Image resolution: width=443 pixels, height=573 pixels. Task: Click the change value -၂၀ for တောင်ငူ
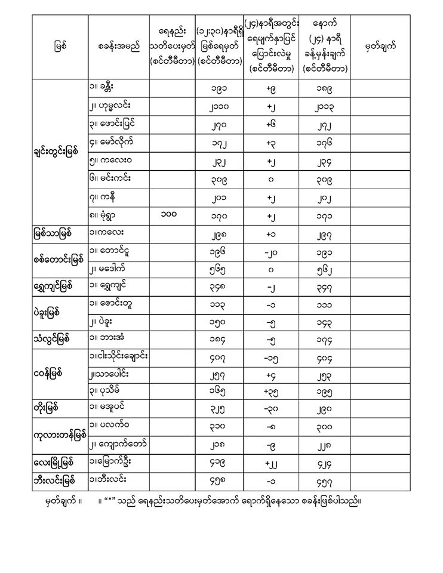(x=273, y=251)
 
